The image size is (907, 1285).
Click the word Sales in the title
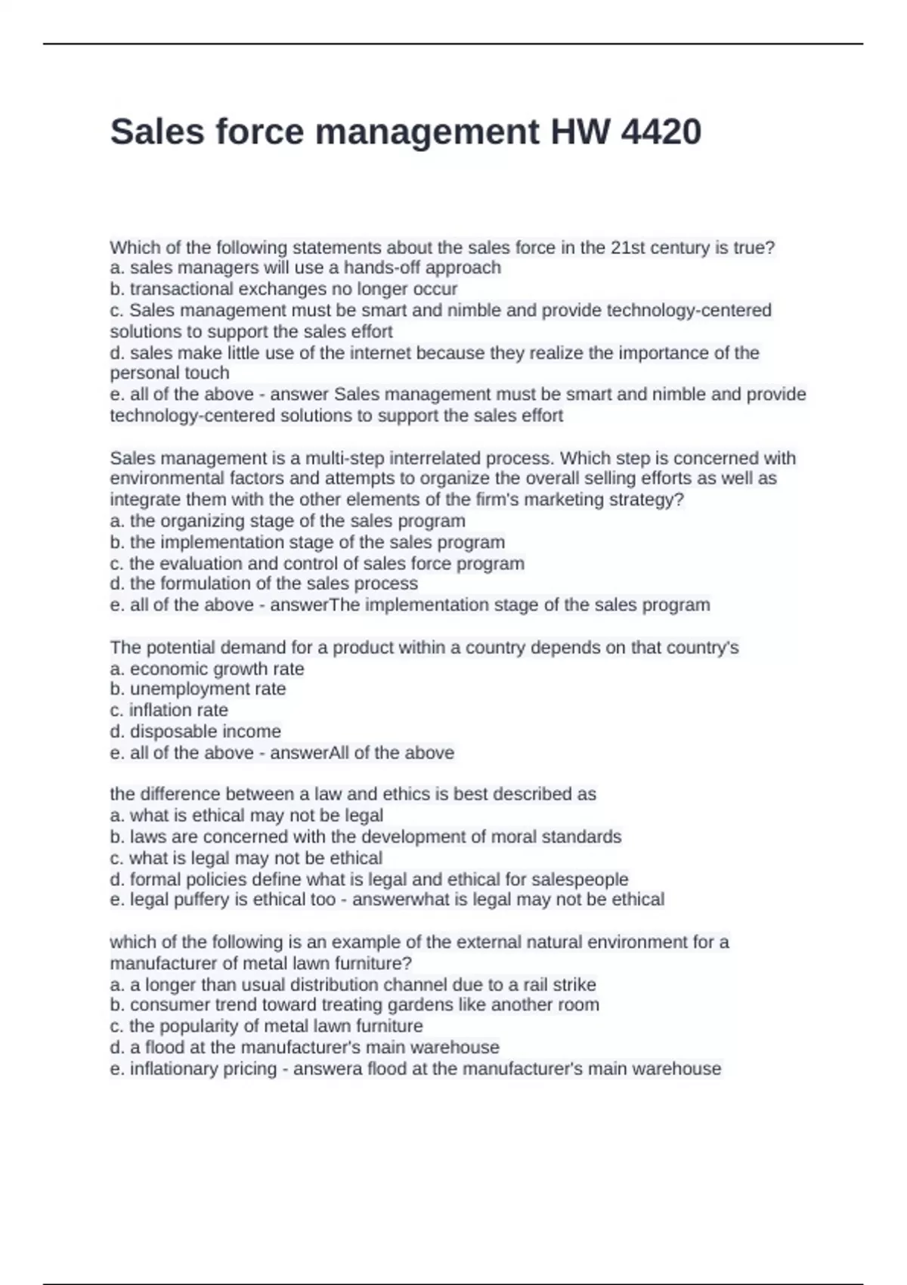click(x=157, y=132)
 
